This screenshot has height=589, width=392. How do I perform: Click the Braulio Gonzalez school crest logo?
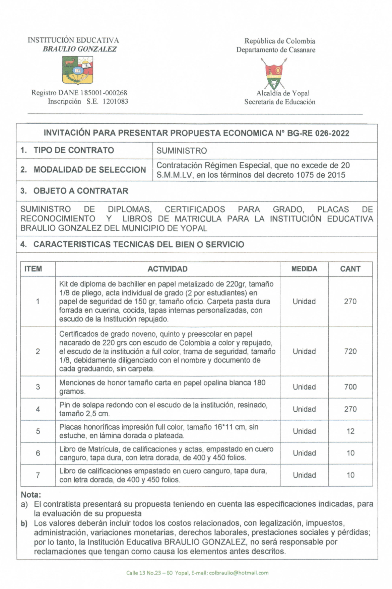coord(77,70)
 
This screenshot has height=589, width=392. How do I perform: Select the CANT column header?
coord(350,269)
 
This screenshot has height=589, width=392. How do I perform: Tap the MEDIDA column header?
coord(304,269)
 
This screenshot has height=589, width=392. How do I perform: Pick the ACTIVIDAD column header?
coord(168,269)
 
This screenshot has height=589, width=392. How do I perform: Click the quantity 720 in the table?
coord(350,351)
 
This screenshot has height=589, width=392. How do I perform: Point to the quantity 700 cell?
coord(350,387)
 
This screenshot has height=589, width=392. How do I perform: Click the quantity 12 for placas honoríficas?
coord(350,431)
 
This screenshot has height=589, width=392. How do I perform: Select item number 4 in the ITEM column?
coord(38,409)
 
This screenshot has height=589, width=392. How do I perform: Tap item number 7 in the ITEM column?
coord(38,475)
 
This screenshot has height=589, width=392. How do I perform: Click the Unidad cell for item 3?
coord(304,387)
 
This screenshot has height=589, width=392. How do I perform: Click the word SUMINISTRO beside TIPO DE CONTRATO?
coord(182,151)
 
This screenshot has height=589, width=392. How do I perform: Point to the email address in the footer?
coord(239,573)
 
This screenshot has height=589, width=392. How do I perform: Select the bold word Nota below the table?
coord(30,494)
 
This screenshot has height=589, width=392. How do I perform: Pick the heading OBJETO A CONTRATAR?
coord(80,191)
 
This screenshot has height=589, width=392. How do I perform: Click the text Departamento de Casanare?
coord(276,50)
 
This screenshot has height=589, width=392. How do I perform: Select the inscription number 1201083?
coord(115,101)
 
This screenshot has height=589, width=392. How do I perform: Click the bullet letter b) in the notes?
coord(24,523)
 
